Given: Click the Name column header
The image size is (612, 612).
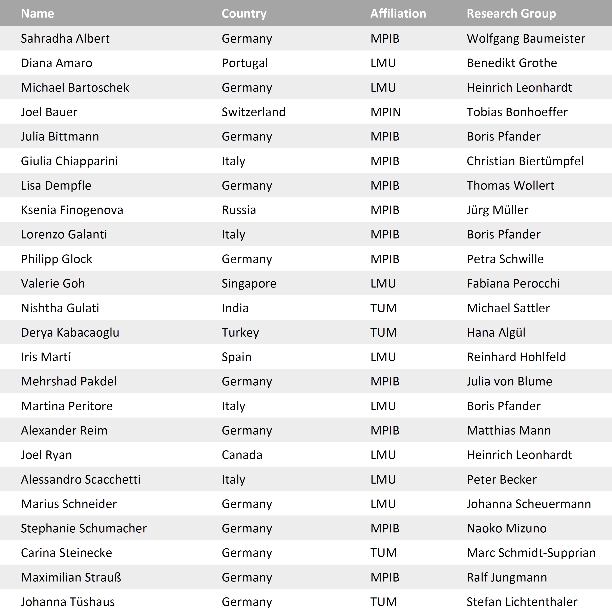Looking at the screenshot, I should point(37,14).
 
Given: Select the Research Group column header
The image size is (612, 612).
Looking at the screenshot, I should point(511,14).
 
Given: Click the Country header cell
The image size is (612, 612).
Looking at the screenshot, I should point(244,14).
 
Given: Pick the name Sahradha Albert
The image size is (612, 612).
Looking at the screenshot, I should point(65,38).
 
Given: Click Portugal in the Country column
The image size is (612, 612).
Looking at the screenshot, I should point(245,63).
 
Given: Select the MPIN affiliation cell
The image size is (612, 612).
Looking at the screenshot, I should point(385,112).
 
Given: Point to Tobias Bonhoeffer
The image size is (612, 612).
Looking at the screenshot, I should point(517,112).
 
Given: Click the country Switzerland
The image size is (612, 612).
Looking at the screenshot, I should point(253,112).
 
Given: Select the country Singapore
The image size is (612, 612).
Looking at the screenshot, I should point(249,283).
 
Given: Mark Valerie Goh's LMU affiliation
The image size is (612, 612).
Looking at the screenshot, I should point(383,283).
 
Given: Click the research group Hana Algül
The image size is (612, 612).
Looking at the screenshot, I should point(496,332).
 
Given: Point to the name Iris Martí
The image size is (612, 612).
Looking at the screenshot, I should point(46,357).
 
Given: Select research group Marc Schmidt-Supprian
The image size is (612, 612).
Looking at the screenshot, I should point(531,552).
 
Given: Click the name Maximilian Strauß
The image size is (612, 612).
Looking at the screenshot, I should point(71,577).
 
